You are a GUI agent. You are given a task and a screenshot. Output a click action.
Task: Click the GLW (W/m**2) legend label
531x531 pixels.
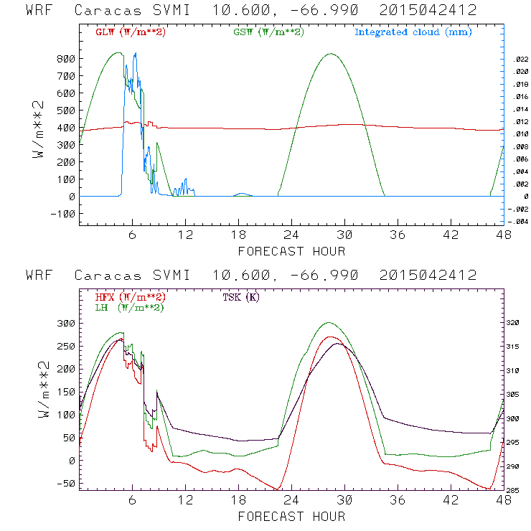[130, 32]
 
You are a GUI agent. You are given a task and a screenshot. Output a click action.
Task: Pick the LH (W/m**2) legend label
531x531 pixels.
[130, 307]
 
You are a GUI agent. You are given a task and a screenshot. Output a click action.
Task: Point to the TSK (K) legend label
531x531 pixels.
[241, 297]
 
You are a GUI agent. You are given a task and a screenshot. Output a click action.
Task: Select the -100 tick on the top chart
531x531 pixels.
[61, 214]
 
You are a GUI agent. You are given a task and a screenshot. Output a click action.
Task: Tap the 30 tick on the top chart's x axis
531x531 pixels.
[345, 235]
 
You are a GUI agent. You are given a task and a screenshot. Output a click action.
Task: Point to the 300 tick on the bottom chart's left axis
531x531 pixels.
[66, 324]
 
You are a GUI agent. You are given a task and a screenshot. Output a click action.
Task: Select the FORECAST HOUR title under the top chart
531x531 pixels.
[291, 251]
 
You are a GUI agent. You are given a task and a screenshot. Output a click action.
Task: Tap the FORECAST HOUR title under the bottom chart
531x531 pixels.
[291, 516]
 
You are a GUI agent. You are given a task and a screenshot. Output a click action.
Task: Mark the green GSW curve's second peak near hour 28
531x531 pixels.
[331, 54]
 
